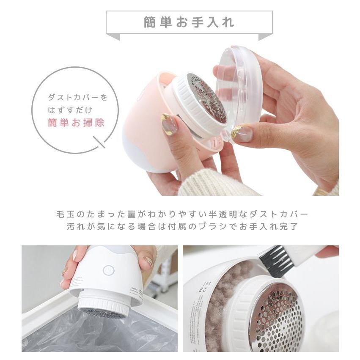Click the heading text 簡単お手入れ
189,22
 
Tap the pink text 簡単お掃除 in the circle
76,123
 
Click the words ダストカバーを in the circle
77,98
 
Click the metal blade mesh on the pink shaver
207,98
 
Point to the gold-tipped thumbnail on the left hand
170,124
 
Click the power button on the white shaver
109,270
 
